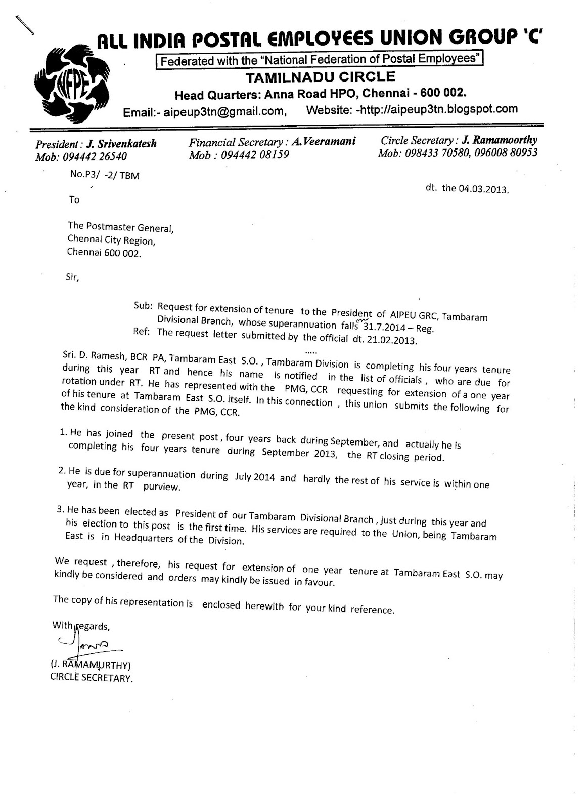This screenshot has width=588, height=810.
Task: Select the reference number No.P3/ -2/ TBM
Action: pos(105,176)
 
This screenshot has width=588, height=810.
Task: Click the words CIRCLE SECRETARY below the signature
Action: pos(91,678)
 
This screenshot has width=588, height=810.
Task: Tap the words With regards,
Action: pos(81,626)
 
